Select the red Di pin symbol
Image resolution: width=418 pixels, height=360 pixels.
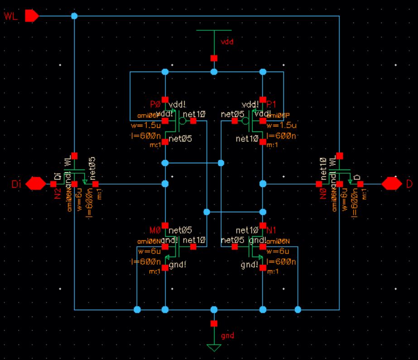click(36, 184)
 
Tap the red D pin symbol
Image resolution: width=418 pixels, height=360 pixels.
click(392, 184)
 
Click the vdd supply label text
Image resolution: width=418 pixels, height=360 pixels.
click(227, 41)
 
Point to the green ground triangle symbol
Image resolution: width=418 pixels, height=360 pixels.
click(214, 348)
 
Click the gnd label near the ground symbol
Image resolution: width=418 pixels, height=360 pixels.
click(227, 336)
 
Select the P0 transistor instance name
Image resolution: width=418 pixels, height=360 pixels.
click(154, 104)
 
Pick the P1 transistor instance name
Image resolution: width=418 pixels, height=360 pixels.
click(272, 104)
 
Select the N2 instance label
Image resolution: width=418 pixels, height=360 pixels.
click(58, 194)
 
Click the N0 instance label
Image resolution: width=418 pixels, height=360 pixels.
click(323, 194)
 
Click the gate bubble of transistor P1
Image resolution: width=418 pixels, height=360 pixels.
click(245, 121)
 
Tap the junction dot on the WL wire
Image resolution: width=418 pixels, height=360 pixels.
click(74, 16)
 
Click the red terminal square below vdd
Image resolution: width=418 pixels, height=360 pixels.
click(214, 58)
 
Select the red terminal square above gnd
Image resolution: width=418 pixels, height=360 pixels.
click(214, 323)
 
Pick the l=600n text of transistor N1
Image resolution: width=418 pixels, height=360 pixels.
click(281, 262)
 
